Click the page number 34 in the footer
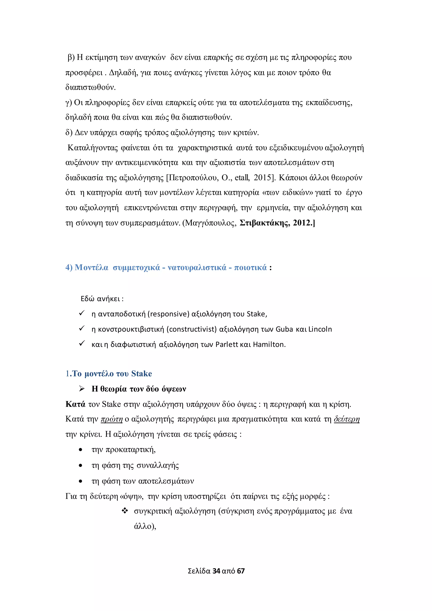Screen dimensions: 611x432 [x=216, y=571]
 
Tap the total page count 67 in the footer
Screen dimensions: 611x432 [x=241, y=571]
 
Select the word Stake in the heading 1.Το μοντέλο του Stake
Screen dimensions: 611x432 [x=142, y=374]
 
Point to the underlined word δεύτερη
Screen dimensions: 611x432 [x=347, y=419]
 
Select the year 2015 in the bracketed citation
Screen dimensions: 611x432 [x=263, y=177]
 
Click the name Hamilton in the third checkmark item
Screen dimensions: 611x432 [x=269, y=344]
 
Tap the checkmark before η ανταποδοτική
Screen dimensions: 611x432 [x=82, y=313]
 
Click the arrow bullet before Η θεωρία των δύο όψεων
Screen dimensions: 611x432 [x=82, y=389]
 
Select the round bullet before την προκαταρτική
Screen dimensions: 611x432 [x=81, y=450]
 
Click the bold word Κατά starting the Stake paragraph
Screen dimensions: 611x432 [x=75, y=404]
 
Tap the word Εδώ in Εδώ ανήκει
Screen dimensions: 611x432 [x=88, y=299]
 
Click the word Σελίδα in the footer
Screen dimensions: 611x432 [x=199, y=571]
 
